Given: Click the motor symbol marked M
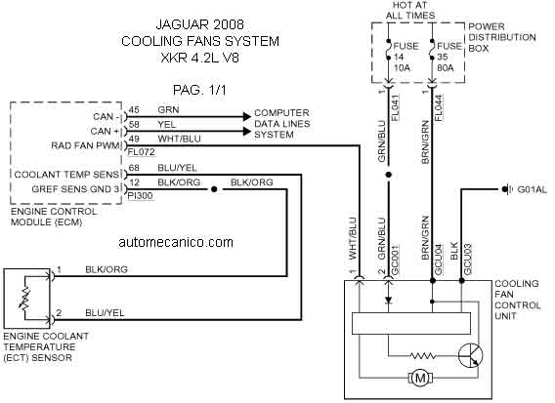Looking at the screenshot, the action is tap(420, 378).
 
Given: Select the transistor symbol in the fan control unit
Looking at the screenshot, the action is tap(470, 355).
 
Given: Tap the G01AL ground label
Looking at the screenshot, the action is tap(532, 189).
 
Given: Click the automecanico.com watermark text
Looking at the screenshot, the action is tap(176, 242).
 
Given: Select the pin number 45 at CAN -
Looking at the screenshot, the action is tap(134, 109).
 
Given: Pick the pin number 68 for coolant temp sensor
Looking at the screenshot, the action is tap(134, 168).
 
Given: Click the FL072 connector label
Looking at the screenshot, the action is tap(142, 152).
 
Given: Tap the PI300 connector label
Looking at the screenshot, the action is tap(140, 196).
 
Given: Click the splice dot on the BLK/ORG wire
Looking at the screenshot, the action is tap(214, 189).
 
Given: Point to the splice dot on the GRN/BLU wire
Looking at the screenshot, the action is tap(388, 175).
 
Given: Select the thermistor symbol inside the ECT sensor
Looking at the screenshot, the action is tap(25, 298).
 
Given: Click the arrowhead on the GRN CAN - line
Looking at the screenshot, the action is tap(246, 116).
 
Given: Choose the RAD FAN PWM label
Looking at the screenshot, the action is tap(85, 145).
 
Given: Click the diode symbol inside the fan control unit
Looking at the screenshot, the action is tap(388, 301).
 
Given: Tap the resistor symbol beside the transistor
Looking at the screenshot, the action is tap(422, 355).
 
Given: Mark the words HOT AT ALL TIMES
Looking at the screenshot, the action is tap(410, 11).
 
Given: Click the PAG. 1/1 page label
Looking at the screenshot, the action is tap(199, 90).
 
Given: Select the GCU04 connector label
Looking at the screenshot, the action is tap(438, 260).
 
